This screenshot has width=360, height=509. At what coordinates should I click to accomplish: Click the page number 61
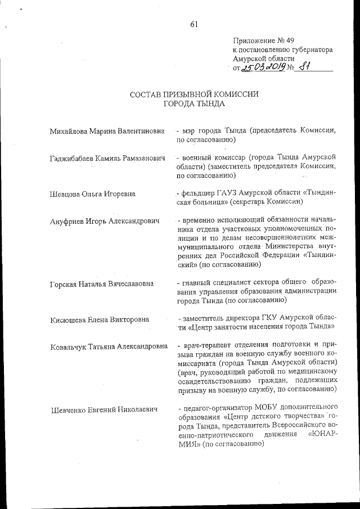[195, 24]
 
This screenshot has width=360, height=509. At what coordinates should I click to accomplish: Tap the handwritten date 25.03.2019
[264, 68]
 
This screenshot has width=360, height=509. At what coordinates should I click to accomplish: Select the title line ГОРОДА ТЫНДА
[194, 103]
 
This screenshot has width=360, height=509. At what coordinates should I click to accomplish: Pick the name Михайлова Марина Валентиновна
[107, 130]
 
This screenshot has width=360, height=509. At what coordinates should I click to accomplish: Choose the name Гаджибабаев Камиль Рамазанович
[107, 160]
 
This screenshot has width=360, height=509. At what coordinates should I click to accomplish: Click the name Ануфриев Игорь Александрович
[104, 220]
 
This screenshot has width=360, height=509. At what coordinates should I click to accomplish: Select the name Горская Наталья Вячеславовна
[101, 283]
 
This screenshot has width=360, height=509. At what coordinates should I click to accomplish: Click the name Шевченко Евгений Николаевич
[103, 409]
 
